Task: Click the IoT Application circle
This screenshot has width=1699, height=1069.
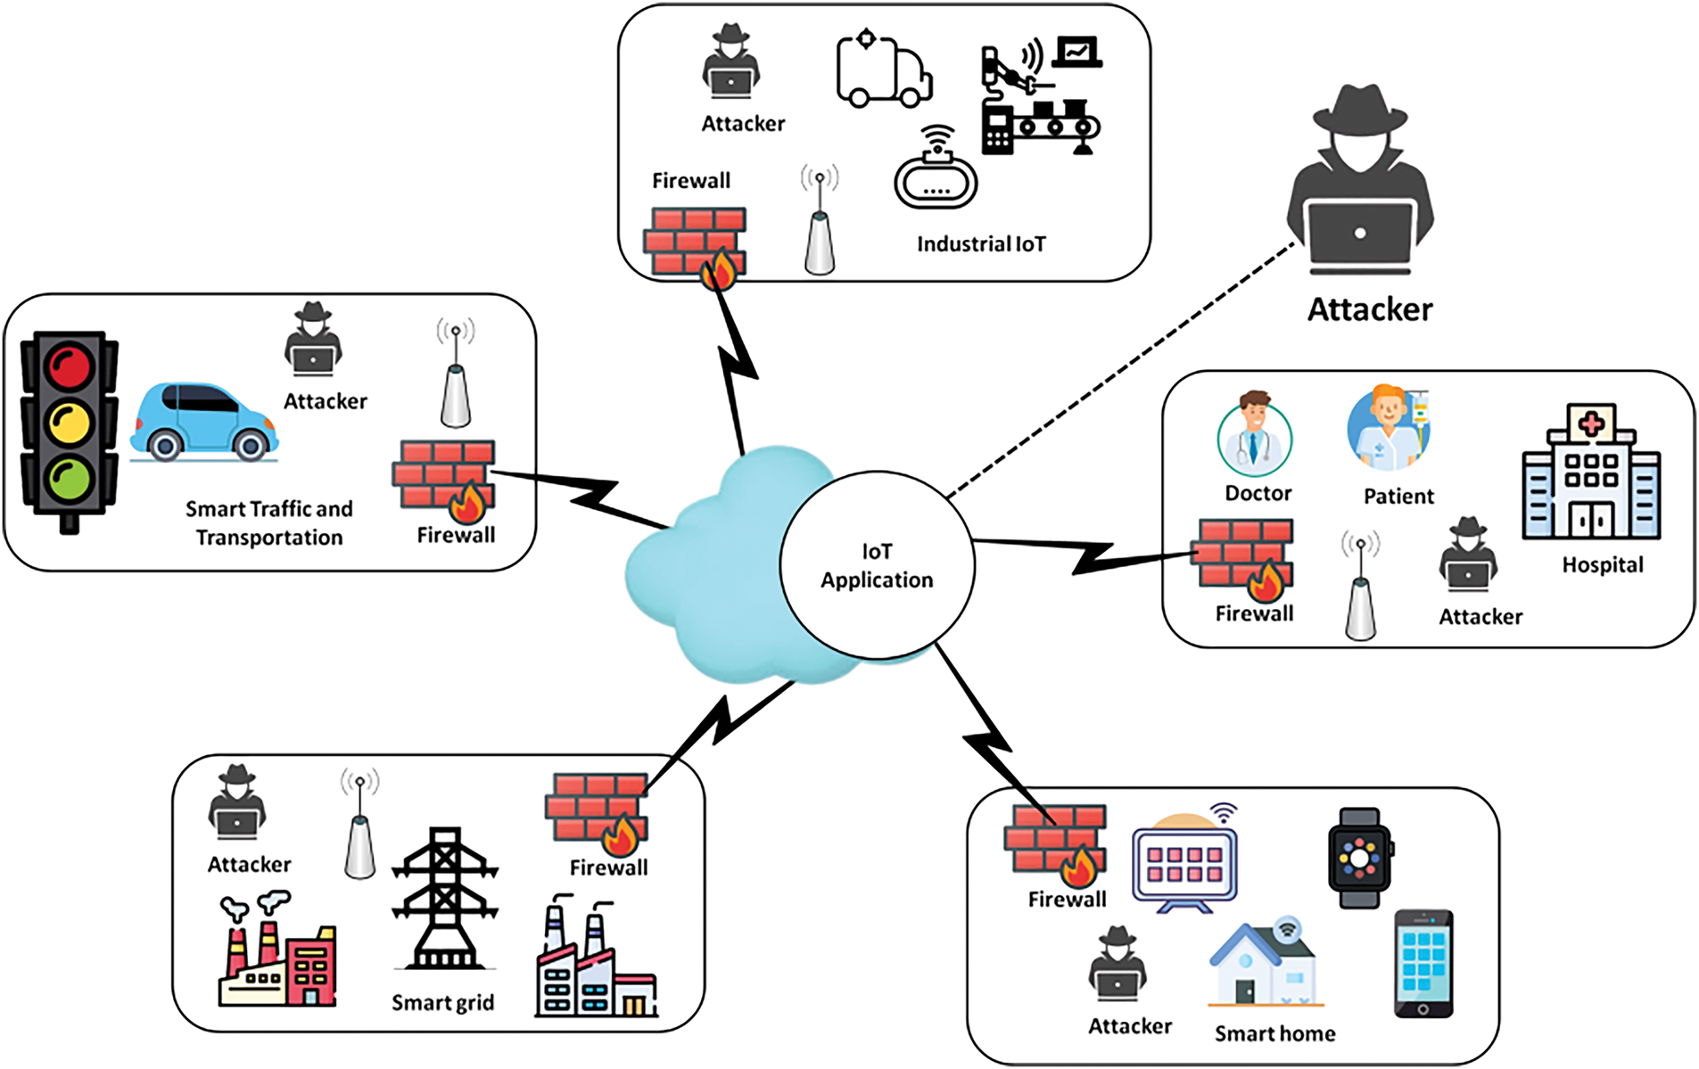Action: coord(877,565)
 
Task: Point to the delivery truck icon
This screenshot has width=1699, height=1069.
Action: coord(884,70)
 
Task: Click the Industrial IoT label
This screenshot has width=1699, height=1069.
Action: coord(981,244)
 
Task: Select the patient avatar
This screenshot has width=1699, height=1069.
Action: coord(1390,428)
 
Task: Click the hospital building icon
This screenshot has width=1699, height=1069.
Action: coord(1591,472)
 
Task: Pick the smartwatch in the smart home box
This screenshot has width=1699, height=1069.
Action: coord(1359,858)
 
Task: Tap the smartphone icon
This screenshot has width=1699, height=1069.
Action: coord(1423,964)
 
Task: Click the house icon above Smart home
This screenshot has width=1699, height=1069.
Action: coord(1266,963)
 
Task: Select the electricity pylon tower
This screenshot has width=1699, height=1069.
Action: coord(444,899)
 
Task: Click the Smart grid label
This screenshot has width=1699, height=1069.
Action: coord(442,1003)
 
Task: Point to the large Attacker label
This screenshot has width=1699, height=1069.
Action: coord(1370,309)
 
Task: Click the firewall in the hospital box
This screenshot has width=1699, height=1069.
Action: coord(1245,559)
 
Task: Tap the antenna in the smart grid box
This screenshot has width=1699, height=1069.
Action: coord(359,824)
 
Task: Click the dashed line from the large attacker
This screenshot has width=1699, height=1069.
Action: coord(1121,369)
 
